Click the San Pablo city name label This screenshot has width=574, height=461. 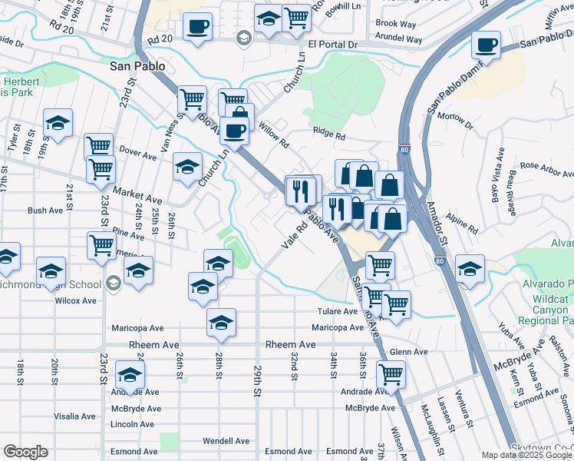(x=137, y=66)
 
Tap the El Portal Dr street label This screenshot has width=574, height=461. (x=333, y=45)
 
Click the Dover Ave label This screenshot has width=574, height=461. (x=138, y=154)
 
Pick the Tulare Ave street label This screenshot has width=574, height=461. (x=338, y=311)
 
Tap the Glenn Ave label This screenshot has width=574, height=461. (x=408, y=351)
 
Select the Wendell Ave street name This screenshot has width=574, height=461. (x=226, y=441)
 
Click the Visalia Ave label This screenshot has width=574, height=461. (x=74, y=416)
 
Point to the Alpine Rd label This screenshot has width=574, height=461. (x=463, y=225)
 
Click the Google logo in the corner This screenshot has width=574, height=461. (x=25, y=452)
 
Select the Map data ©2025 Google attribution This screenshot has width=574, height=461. (x=527, y=455)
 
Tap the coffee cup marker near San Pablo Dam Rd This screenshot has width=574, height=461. (x=486, y=45)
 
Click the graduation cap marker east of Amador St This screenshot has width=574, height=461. (x=470, y=269)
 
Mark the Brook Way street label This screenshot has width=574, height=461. (x=396, y=24)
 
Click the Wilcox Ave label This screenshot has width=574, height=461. (x=75, y=300)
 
